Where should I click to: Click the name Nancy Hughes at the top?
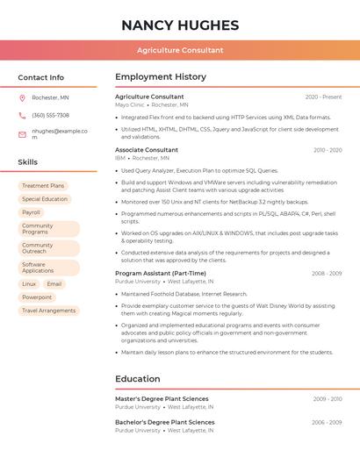pos(180,25)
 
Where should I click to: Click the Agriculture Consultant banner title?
pos(180,50)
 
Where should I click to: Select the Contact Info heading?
pos(41,77)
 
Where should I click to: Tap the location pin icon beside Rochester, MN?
pos(22,97)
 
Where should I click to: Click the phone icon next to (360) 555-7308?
pos(22,115)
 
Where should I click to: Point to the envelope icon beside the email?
pos(22,134)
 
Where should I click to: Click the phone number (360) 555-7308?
pos(51,115)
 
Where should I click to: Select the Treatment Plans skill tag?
pos(43,186)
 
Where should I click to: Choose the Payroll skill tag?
pos(32,212)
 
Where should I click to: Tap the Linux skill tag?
pos(29,284)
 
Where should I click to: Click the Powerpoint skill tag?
pos(37,297)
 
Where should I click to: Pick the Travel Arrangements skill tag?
pos(49,311)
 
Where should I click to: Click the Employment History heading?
pos(161,77)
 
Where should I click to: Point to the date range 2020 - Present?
pos(323,97)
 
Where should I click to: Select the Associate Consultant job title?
pos(147,150)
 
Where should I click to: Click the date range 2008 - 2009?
pos(327,274)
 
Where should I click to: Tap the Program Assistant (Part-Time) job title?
pos(161,274)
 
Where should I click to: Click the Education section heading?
pos(137,379)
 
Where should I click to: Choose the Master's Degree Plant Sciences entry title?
pos(162,399)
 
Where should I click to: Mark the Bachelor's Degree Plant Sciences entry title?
pos(164,422)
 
